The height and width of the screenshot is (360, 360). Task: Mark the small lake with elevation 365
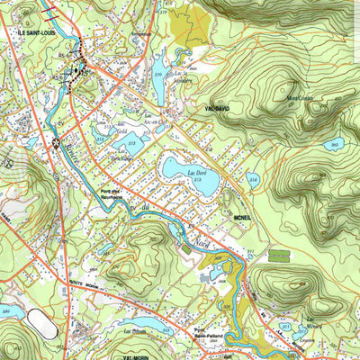tap(334, 146)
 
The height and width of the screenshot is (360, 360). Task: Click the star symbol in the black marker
tap(56, 142)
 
